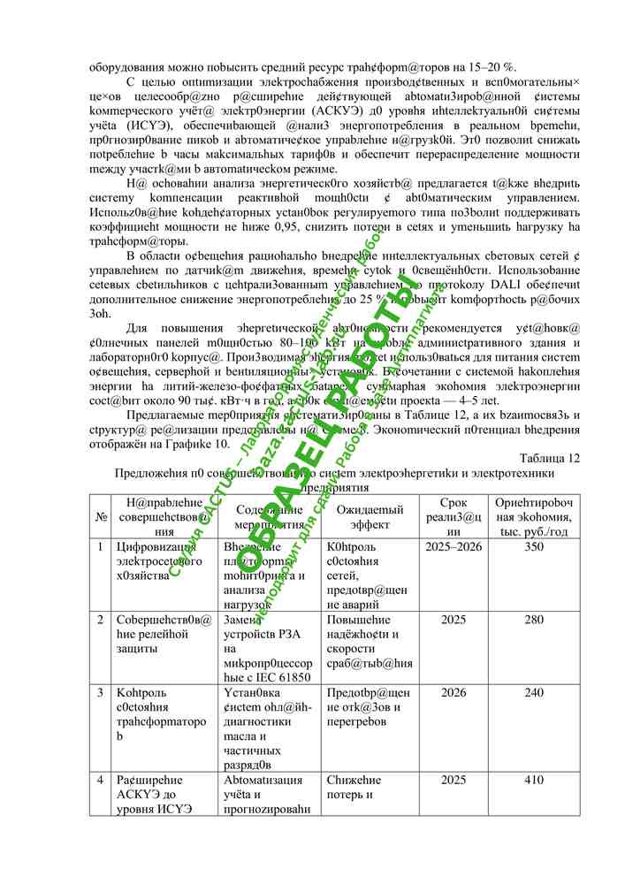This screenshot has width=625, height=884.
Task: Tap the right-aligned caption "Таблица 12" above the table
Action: (552, 458)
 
